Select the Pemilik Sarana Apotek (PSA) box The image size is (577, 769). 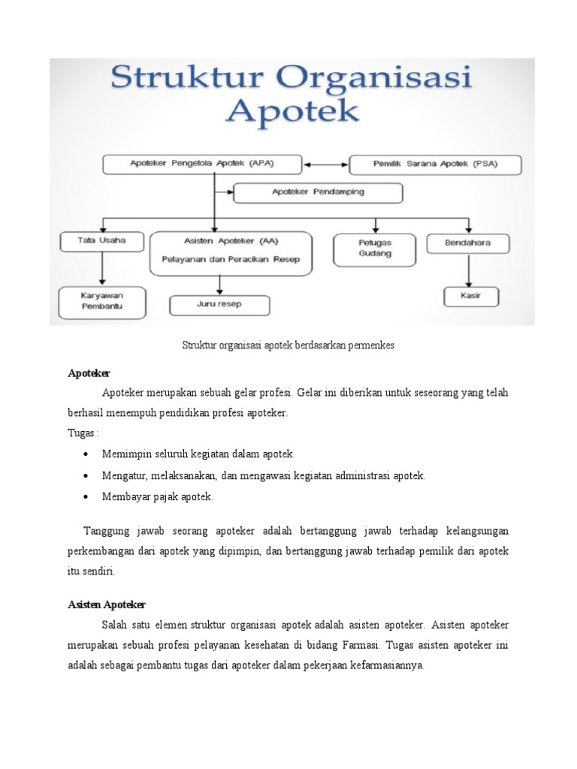436,164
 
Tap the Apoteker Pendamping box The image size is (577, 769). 318,192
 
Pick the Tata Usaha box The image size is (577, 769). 101,242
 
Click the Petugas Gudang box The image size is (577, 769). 373,249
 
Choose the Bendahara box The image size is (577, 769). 468,243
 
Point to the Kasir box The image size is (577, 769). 470,296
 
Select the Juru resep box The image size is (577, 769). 219,304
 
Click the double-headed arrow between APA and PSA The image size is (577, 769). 326,164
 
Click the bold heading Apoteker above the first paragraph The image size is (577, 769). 89,373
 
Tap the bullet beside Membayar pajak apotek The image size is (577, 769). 88,496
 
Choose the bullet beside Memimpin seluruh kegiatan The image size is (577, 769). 88,454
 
